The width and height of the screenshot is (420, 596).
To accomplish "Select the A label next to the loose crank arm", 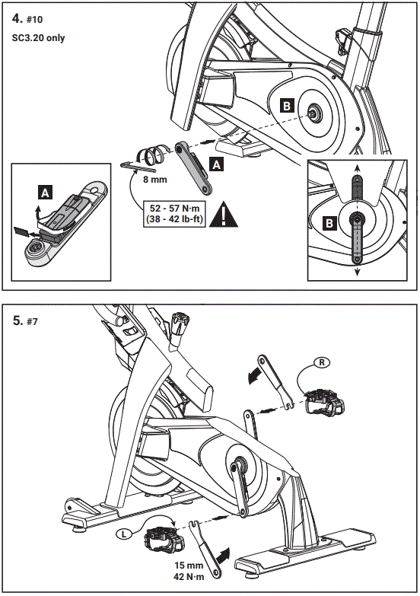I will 216,164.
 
